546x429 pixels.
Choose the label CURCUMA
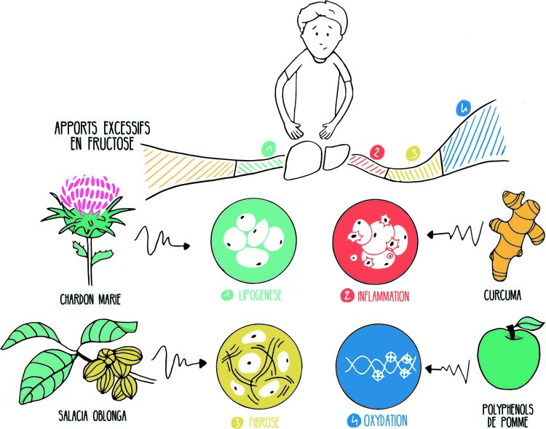pyautogui.click(x=506, y=297)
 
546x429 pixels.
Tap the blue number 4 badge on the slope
pyautogui.click(x=459, y=109)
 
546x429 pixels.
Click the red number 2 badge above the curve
pyautogui.click(x=377, y=152)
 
